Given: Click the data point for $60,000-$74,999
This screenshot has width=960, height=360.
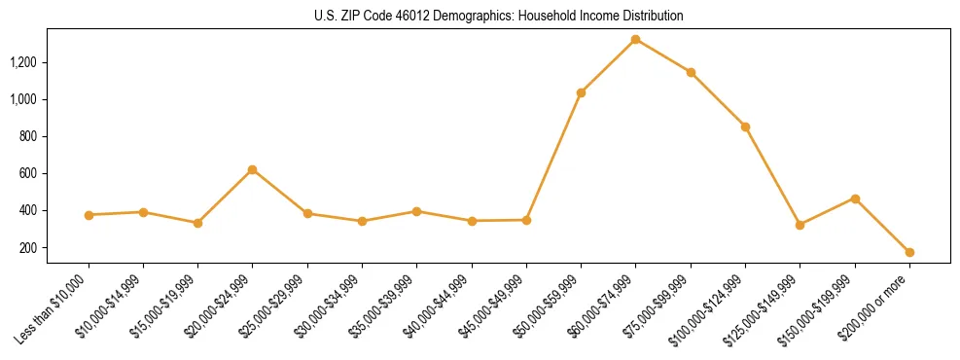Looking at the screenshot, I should coord(635,40).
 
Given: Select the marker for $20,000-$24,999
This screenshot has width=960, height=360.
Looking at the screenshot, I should coord(253,169).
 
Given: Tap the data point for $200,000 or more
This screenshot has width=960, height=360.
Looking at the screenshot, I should coord(909,252).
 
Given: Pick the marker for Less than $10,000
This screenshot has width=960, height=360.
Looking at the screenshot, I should coord(89,215).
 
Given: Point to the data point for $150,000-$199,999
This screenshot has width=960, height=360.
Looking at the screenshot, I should coord(855,198).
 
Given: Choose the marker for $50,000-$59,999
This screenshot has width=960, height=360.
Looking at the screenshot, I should coord(581,92).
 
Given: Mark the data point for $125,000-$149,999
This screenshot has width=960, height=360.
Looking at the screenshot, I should coord(800,225).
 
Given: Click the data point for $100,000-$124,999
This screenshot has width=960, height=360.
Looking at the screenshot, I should coord(745,126).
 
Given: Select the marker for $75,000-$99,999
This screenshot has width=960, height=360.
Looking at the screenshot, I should coord(691,72).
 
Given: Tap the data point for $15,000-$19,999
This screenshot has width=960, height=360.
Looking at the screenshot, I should coord(198,223).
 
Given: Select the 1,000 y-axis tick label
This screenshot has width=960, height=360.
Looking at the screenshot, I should coord(23,99).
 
